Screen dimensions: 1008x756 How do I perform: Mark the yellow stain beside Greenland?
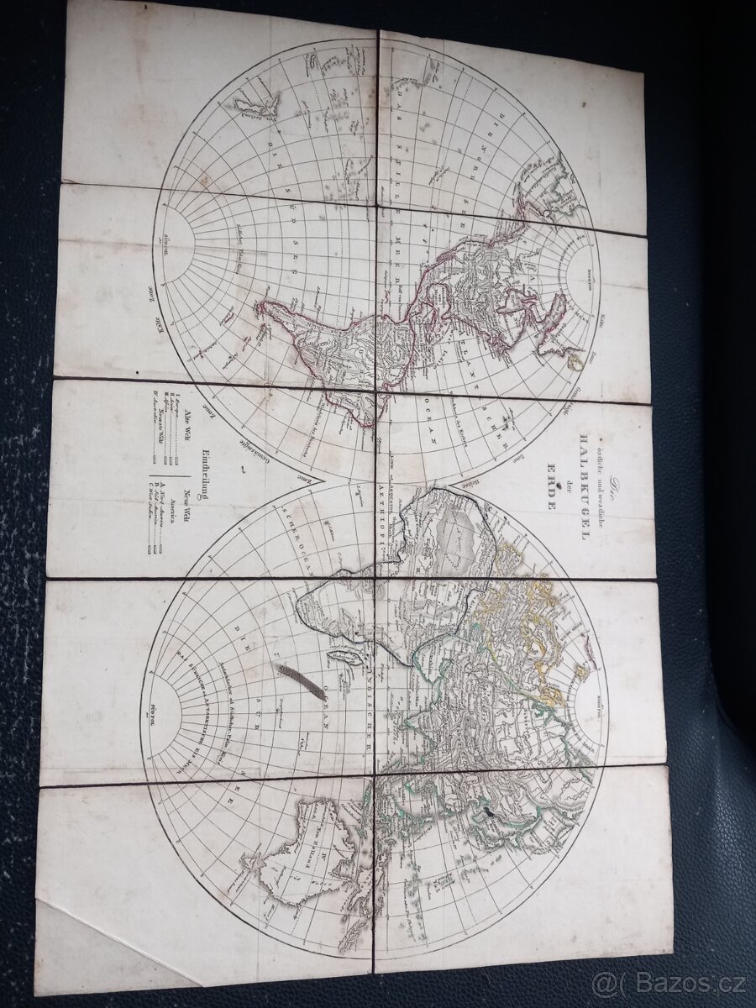[x=575, y=361]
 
